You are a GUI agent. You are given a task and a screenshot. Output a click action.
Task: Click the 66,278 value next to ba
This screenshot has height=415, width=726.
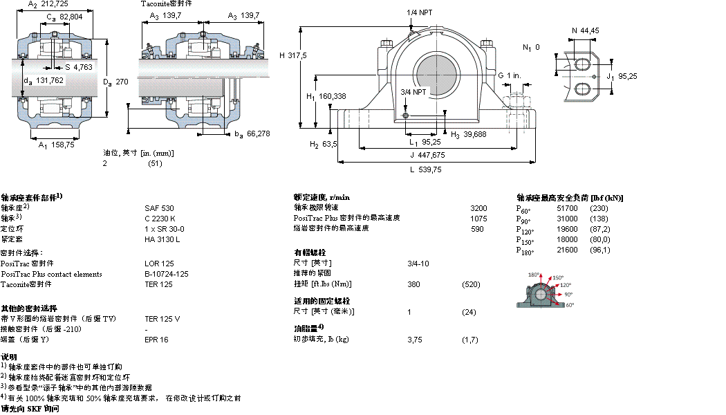click(x=259, y=133)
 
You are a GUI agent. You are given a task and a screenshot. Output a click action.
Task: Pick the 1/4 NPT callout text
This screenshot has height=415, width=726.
click(x=421, y=12)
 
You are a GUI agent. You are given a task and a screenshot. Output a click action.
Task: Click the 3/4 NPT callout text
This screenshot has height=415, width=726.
click(x=414, y=91)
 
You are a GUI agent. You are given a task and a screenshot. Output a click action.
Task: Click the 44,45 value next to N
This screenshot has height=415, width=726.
click(x=590, y=30)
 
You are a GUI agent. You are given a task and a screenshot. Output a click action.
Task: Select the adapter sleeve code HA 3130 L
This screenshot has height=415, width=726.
click(x=162, y=239)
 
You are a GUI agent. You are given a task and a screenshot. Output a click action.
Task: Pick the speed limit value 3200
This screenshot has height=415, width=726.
click(x=478, y=207)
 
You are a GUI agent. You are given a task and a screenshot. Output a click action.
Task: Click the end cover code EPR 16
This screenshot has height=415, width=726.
click(x=156, y=340)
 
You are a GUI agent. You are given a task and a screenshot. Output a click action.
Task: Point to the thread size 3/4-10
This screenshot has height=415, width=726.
click(x=418, y=263)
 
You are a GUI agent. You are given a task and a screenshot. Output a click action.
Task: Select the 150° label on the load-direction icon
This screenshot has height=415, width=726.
click(x=558, y=278)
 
